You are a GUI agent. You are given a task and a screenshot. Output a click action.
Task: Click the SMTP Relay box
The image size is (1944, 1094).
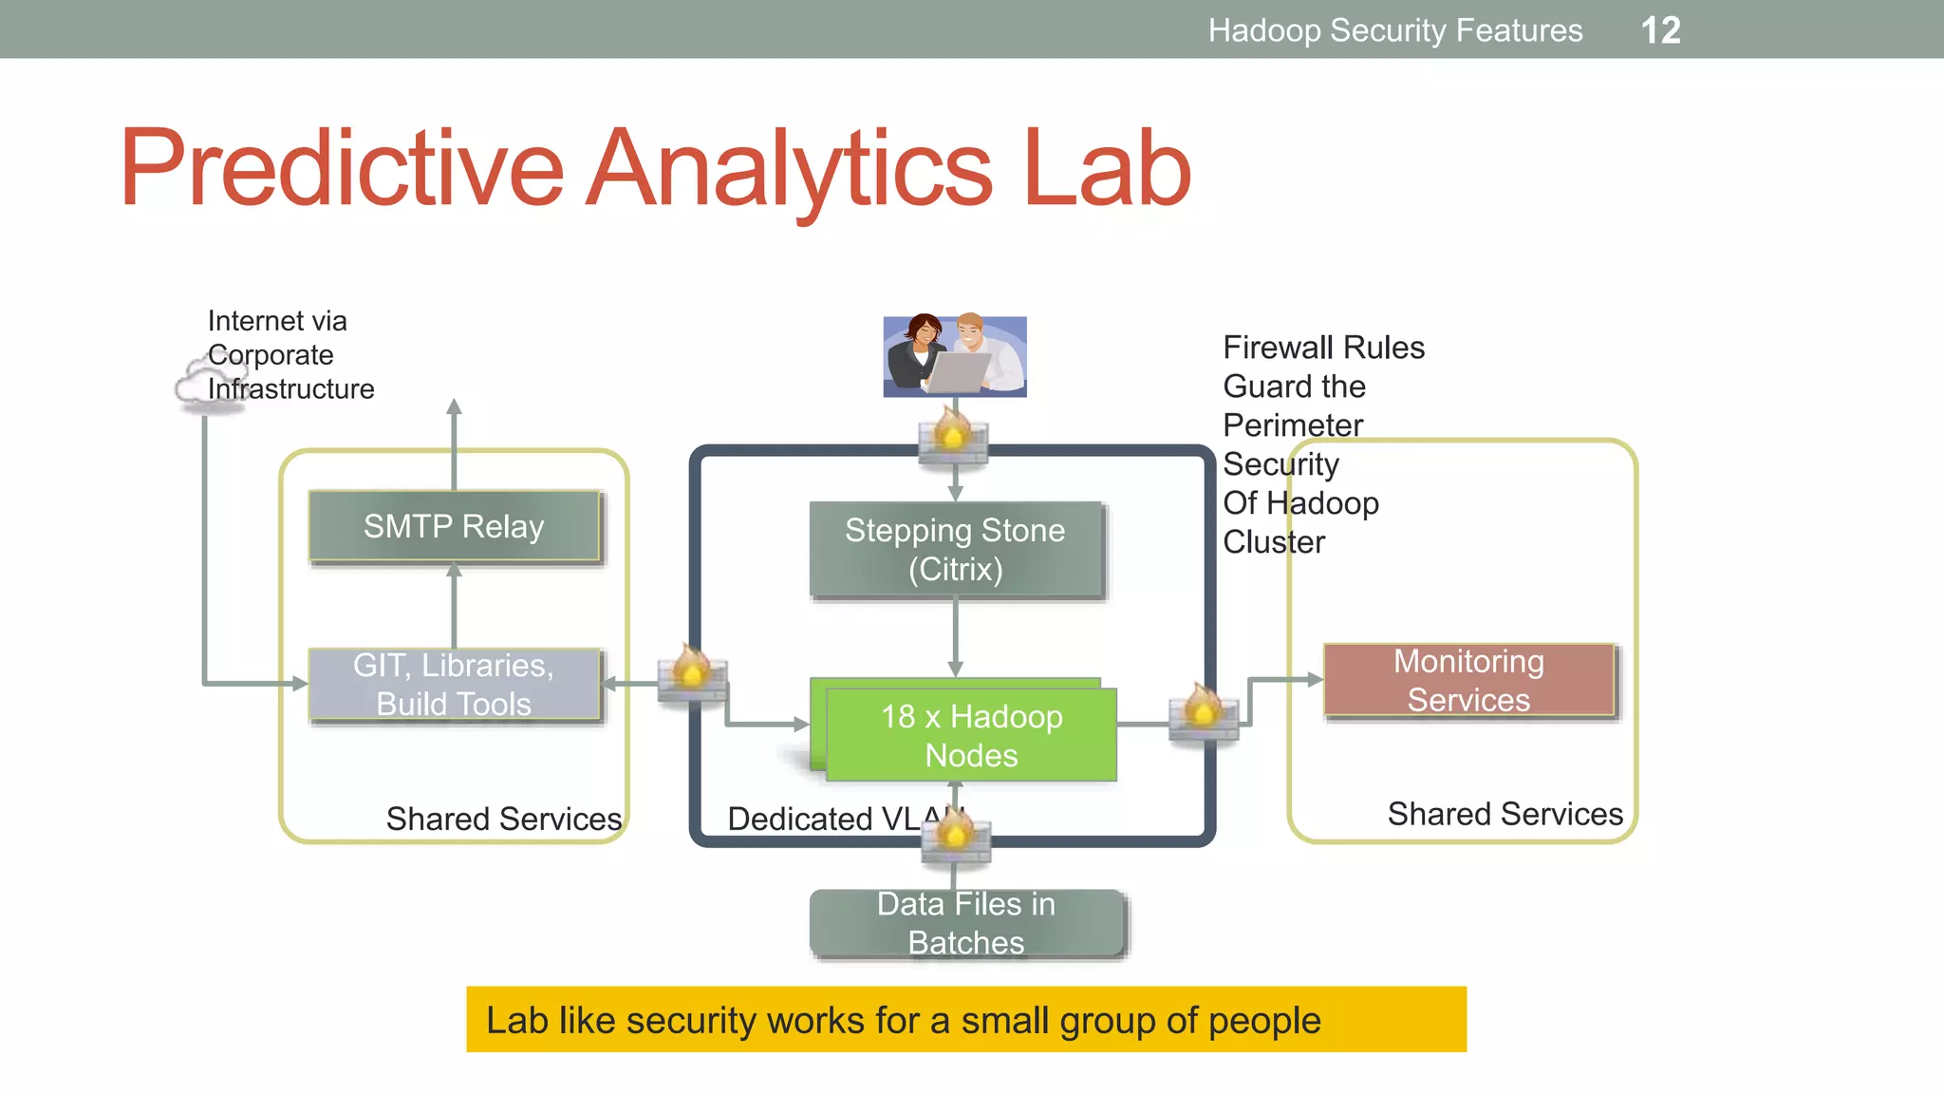click(454, 526)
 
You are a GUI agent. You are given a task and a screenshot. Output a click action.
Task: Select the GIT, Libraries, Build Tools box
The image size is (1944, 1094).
click(454, 685)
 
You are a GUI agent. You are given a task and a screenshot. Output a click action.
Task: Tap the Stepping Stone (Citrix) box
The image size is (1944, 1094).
click(955, 550)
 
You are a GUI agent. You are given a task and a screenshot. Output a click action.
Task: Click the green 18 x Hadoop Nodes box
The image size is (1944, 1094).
click(971, 735)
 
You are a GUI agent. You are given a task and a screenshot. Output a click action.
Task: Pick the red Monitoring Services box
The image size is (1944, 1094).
click(1468, 680)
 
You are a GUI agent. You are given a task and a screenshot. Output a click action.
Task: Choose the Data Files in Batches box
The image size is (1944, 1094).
click(966, 923)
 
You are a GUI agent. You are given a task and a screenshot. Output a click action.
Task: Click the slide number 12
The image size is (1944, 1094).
click(1660, 30)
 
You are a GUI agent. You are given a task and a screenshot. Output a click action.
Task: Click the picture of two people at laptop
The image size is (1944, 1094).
click(955, 356)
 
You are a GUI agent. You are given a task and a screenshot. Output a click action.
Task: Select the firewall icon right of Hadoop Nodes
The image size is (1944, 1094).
click(1204, 712)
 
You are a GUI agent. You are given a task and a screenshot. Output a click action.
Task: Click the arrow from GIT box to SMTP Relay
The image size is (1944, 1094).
click(454, 606)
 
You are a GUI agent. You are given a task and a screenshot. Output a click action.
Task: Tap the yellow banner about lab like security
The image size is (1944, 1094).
click(965, 1020)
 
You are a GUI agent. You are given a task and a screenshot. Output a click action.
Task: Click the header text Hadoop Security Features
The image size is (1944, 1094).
click(1394, 30)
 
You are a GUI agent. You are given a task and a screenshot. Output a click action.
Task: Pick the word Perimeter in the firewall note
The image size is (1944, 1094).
click(1293, 424)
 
